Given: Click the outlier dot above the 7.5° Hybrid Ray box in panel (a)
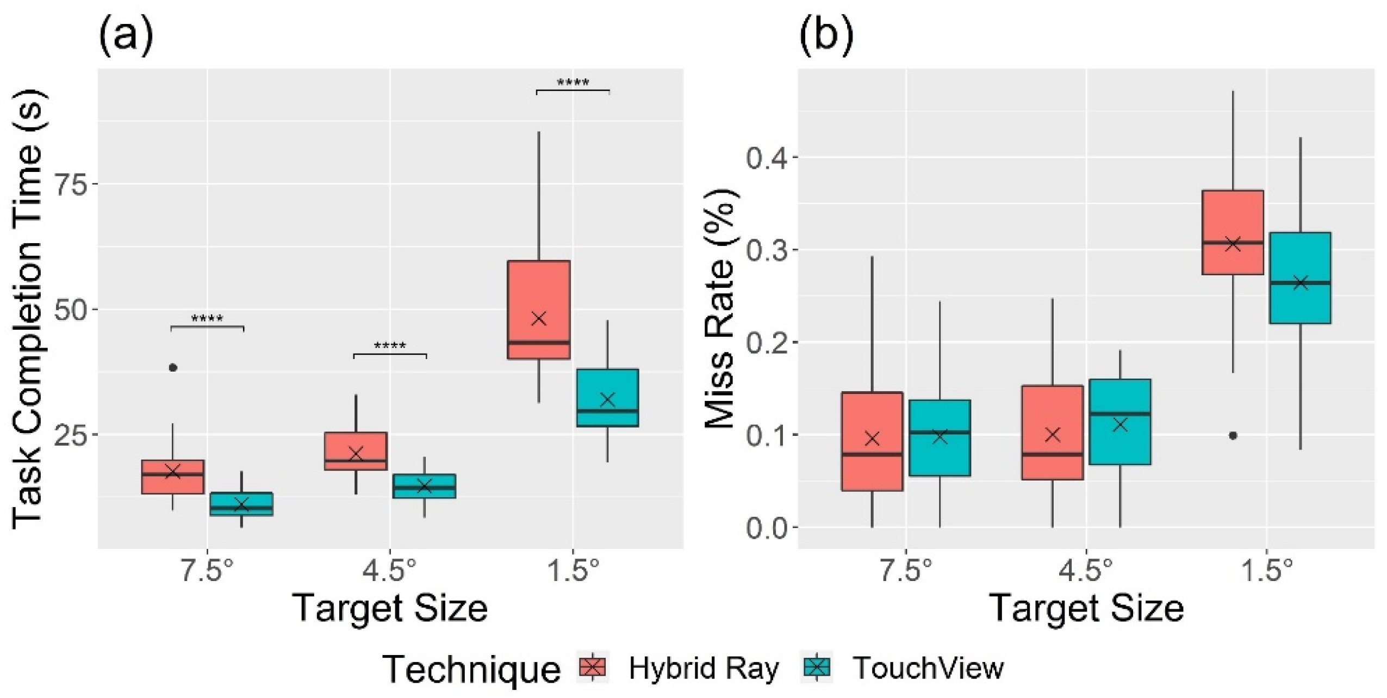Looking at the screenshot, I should point(173,368).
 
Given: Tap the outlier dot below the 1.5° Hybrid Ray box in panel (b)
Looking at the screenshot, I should point(1233,435).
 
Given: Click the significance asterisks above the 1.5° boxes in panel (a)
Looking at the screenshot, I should point(573,83).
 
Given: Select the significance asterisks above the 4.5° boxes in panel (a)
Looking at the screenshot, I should point(390,346).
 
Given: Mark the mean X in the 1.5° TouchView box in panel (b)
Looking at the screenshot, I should point(1301,283).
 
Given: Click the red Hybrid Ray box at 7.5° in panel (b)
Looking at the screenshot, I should point(872,441).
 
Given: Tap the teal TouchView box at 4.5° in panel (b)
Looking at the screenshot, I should point(1120,422).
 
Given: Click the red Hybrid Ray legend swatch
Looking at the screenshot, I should point(593,666).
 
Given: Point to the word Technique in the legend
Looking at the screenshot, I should point(471,669).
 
